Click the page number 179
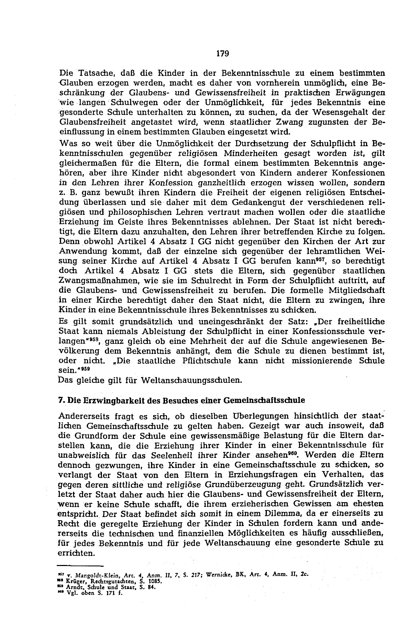pyautogui.click(x=222, y=54)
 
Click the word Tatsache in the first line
pyautogui.click(x=90, y=73)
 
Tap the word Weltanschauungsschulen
pyautogui.click(x=191, y=380)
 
